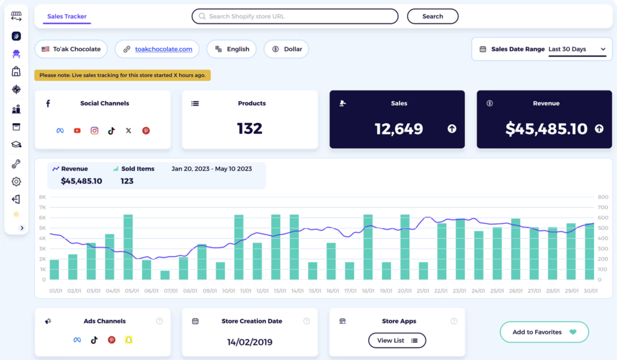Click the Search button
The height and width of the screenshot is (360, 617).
click(x=433, y=16)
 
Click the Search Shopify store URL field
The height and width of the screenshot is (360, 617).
click(x=295, y=16)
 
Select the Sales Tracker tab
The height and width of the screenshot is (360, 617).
click(x=67, y=16)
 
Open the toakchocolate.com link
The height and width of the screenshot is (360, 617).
click(x=163, y=49)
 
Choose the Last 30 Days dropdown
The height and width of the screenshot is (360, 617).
click(x=577, y=49)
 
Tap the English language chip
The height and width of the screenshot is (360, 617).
click(x=231, y=49)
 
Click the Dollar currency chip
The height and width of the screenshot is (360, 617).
click(x=286, y=49)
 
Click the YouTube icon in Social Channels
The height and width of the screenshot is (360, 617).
click(x=77, y=130)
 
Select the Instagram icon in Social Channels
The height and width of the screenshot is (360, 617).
click(x=95, y=130)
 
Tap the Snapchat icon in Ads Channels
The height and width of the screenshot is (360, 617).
click(x=128, y=340)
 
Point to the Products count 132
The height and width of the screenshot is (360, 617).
click(x=249, y=128)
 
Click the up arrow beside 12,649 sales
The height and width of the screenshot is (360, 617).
click(x=452, y=129)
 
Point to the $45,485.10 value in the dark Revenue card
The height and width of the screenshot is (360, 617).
click(x=546, y=128)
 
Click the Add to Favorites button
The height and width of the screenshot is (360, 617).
click(x=544, y=332)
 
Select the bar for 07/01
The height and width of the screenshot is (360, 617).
click(x=165, y=275)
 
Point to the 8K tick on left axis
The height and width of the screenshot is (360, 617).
click(x=42, y=197)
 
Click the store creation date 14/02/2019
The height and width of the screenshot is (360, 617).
click(x=249, y=342)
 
